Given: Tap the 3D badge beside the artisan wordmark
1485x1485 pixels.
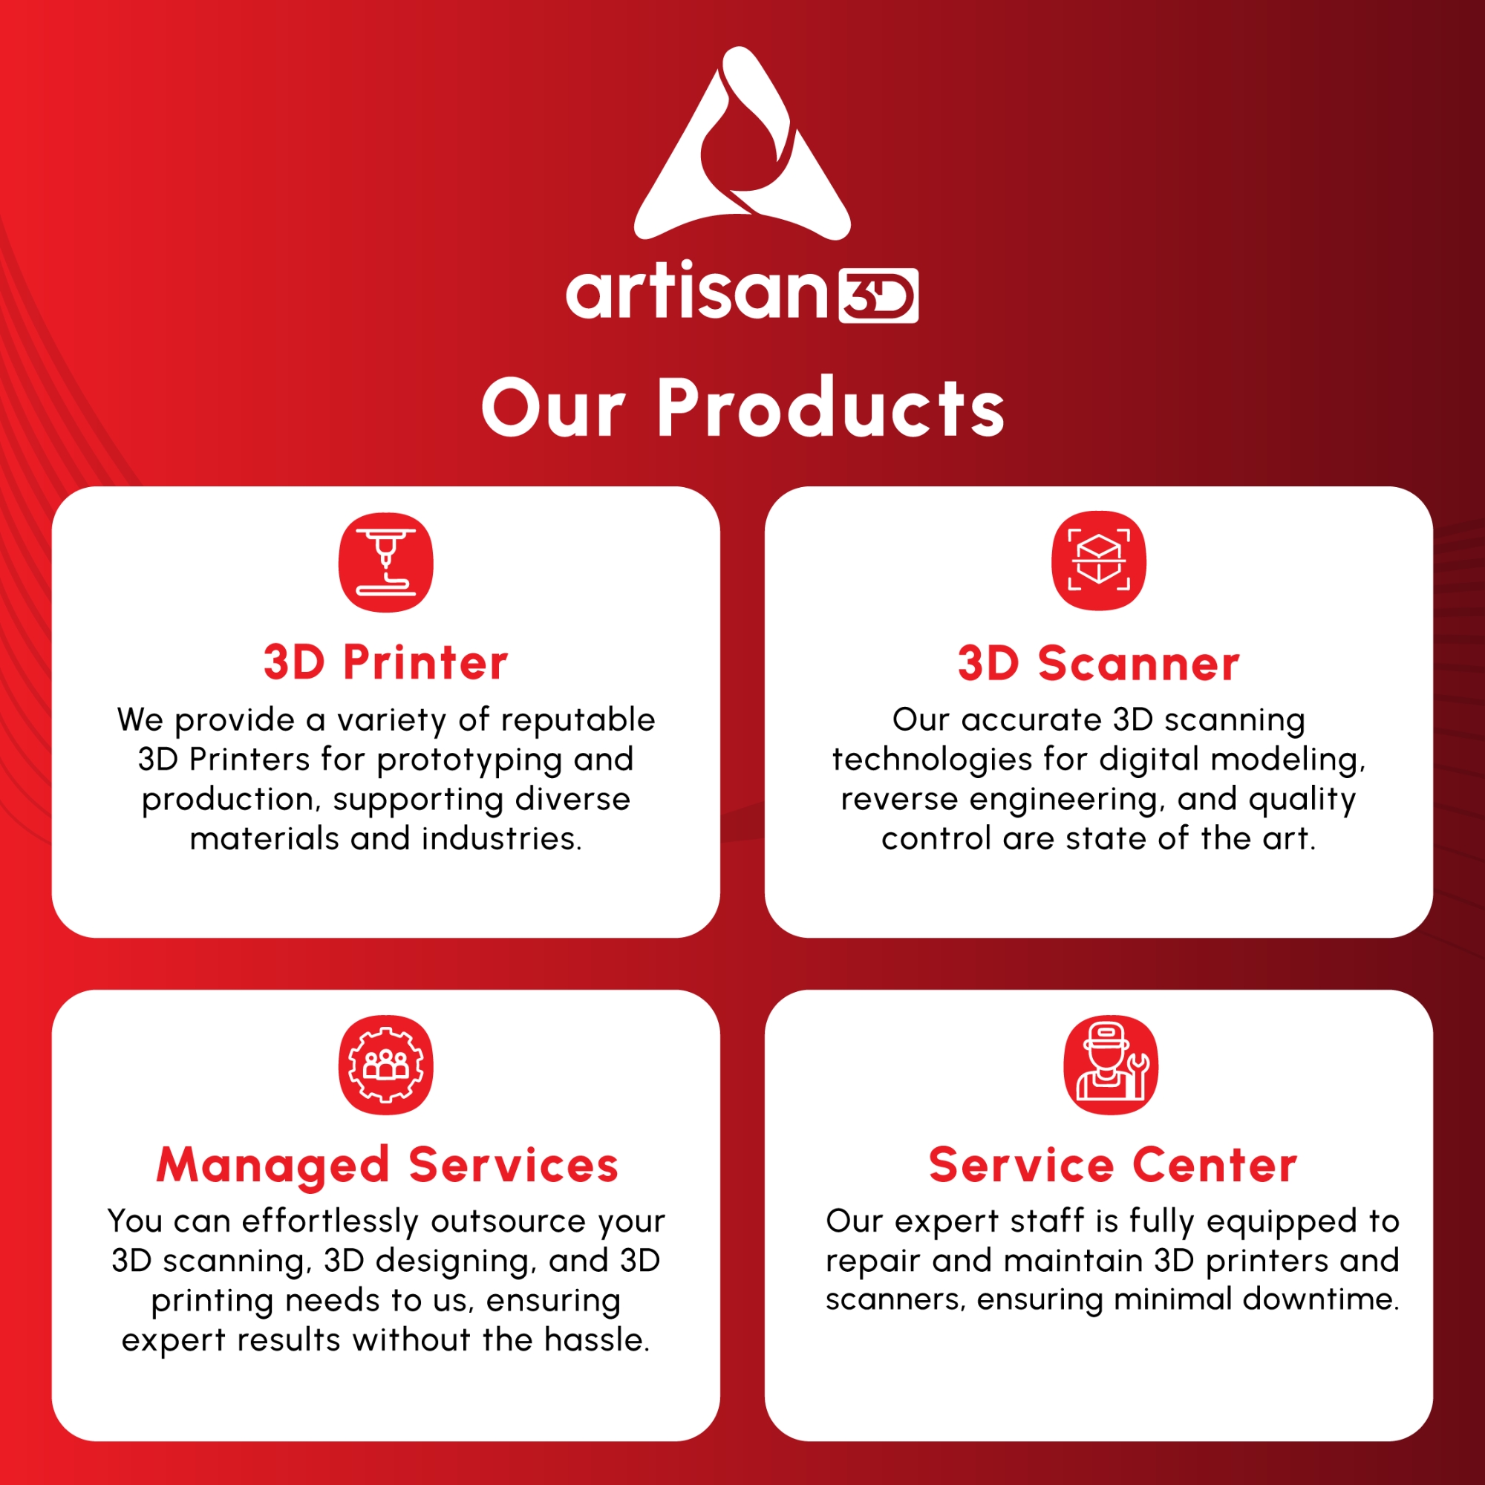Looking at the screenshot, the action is tap(878, 296).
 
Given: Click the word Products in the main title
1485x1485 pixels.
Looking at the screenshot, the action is tap(831, 408).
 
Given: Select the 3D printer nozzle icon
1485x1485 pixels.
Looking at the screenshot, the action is tap(386, 562).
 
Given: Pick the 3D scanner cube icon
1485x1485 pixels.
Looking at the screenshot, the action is tap(1098, 561).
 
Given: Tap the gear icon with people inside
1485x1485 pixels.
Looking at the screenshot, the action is tap(386, 1065).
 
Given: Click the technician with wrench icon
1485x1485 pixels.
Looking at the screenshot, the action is tap(1111, 1065).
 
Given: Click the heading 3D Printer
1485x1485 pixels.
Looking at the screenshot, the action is tap(386, 662).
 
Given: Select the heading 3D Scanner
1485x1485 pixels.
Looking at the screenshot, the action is tap(1098, 663).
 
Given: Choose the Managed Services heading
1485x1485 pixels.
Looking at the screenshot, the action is tap(388, 1166).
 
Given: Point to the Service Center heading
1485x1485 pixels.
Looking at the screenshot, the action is tap(1113, 1165).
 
